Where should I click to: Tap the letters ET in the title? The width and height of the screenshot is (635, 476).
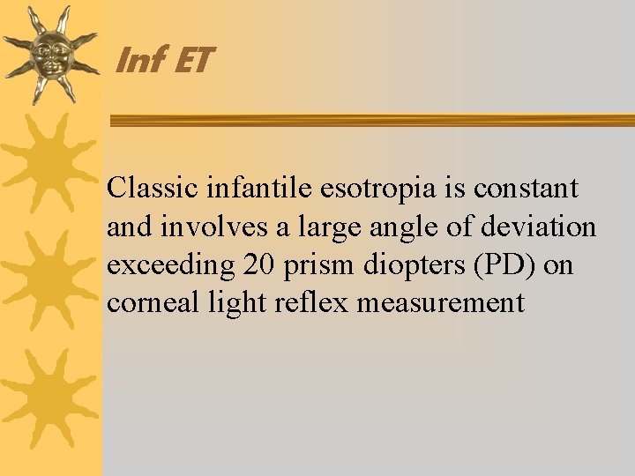(x=192, y=61)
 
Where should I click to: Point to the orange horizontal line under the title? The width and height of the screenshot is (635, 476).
(x=370, y=120)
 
